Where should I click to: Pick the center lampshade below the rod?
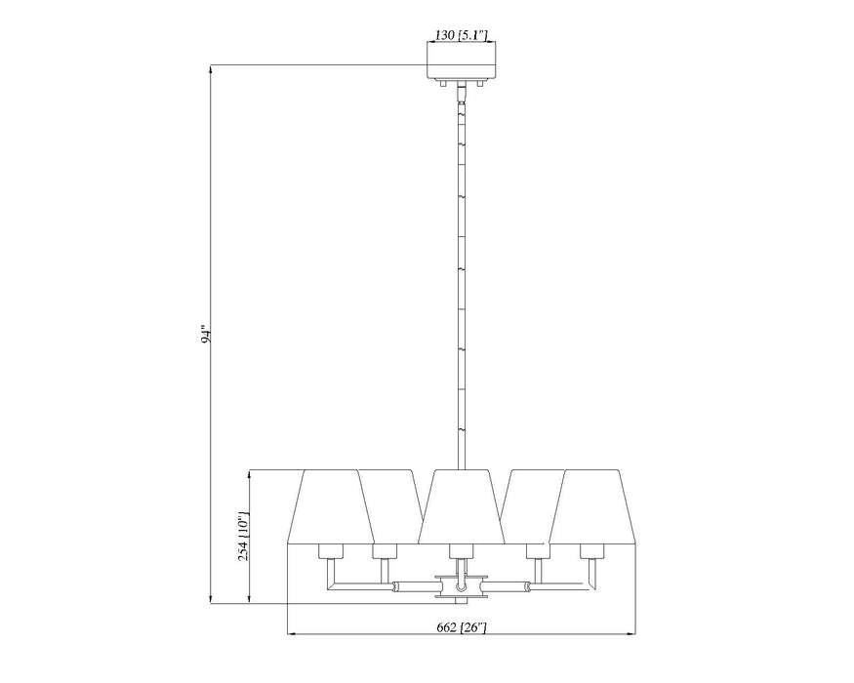click(460, 505)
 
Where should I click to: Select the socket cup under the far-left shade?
click(329, 551)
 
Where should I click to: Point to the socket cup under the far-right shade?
click(590, 551)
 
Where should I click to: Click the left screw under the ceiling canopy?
click(442, 86)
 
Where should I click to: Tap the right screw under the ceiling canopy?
click(478, 86)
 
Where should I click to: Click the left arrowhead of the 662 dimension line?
click(290, 635)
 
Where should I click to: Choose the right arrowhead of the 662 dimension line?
click(631, 635)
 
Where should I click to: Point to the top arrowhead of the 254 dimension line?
click(252, 474)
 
